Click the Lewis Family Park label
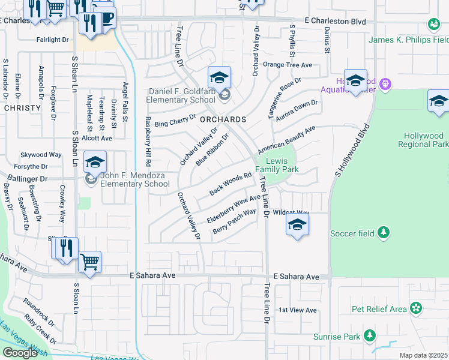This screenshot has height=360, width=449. coord(277,166)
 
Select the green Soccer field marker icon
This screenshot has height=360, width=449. coord(384,233)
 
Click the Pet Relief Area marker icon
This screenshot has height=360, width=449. coord(415,309)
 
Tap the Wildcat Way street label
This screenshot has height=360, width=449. coord(291,212)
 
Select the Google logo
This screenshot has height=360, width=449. coord(20,352)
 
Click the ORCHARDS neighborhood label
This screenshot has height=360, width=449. coord(223,119)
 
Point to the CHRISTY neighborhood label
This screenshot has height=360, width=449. coord(22,109)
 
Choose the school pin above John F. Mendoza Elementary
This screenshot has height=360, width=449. coord(95,162)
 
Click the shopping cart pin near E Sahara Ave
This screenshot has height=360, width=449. coord(89,261)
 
